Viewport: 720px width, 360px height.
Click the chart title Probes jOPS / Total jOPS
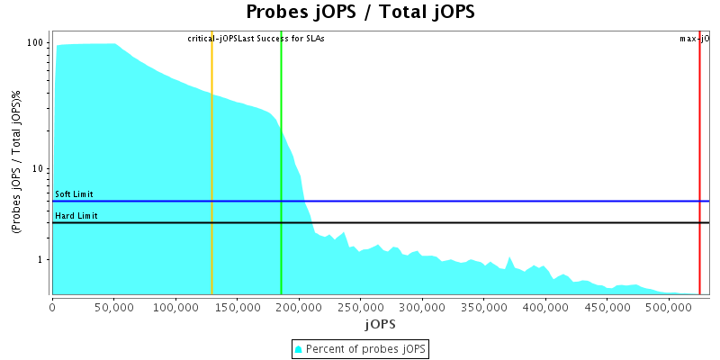click(x=359, y=13)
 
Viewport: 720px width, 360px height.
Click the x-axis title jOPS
click(x=380, y=323)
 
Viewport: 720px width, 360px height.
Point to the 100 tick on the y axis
click(x=36, y=43)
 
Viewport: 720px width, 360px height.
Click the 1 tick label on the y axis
click(x=41, y=260)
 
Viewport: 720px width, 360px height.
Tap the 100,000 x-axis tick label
click(x=175, y=306)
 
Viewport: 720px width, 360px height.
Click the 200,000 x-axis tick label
click(x=299, y=306)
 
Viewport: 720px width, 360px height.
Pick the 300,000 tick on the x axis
click(x=422, y=306)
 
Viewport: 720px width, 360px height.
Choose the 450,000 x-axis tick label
click(x=607, y=306)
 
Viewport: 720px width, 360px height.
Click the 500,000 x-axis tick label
click(x=668, y=306)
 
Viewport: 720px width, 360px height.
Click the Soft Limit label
click(x=74, y=194)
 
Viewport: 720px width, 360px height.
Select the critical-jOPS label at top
click(x=212, y=39)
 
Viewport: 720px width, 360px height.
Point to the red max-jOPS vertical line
click(x=699, y=162)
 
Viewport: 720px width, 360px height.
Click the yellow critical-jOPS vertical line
click(x=212, y=162)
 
